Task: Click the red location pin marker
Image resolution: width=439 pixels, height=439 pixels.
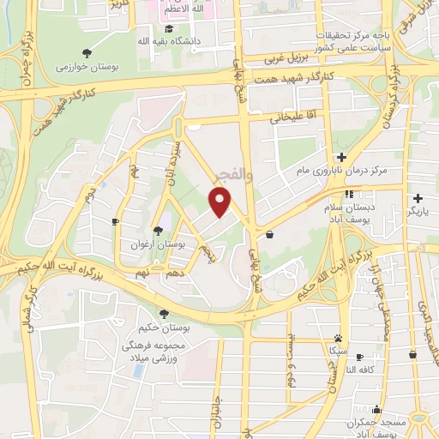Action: point(220,201)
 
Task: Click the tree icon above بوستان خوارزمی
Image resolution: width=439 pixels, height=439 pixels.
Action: point(88,51)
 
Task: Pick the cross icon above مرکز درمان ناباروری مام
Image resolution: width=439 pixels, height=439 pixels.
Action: point(341,156)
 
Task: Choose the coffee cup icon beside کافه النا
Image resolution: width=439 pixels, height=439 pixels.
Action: point(360,357)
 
